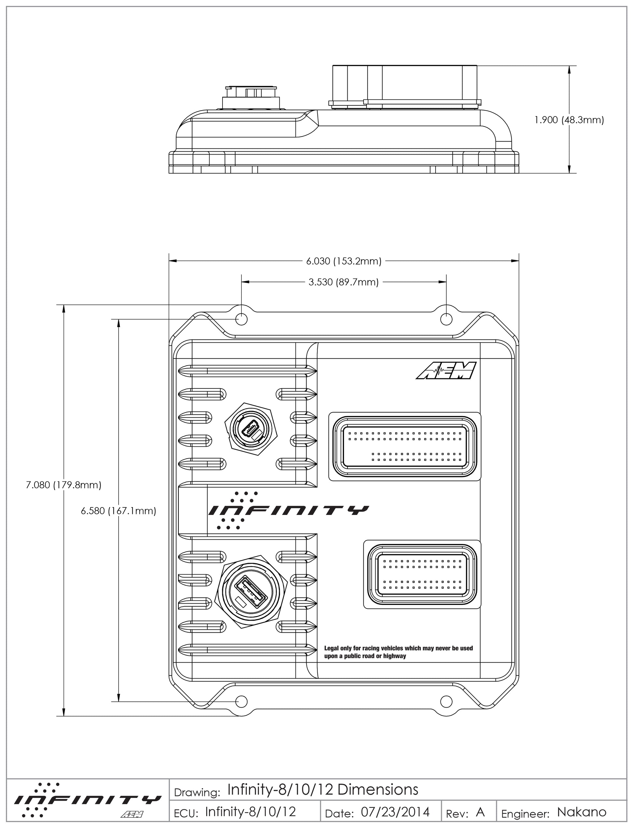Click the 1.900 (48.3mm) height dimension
[x=569, y=120]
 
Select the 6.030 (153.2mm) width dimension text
[x=343, y=261]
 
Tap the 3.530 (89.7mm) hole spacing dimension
[x=343, y=282]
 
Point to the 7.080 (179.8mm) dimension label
[x=64, y=485]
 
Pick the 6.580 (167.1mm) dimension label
[x=119, y=511]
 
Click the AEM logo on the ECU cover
[x=446, y=370]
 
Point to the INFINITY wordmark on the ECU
[x=289, y=510]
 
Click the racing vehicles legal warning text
[x=398, y=652]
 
